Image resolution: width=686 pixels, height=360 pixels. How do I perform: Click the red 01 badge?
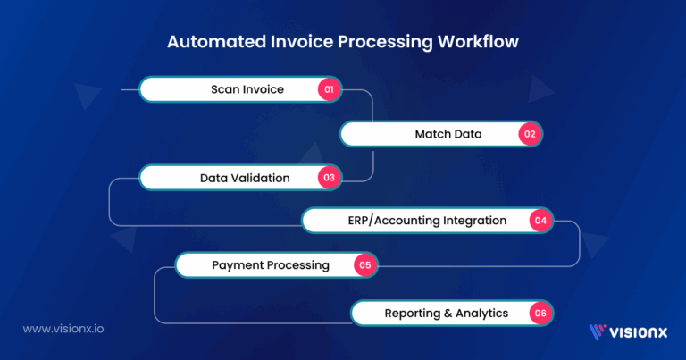329,89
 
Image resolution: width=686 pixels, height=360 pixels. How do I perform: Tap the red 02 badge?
529,135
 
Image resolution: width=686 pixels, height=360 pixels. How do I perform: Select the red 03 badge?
329,178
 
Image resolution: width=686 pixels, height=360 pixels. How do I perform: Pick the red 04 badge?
540,220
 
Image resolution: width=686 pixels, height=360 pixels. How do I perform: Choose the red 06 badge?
540,314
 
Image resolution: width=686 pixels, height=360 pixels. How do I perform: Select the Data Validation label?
244,178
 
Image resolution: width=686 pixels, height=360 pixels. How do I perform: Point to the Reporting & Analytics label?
446,314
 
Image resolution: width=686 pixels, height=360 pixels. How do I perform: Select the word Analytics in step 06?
479,314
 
